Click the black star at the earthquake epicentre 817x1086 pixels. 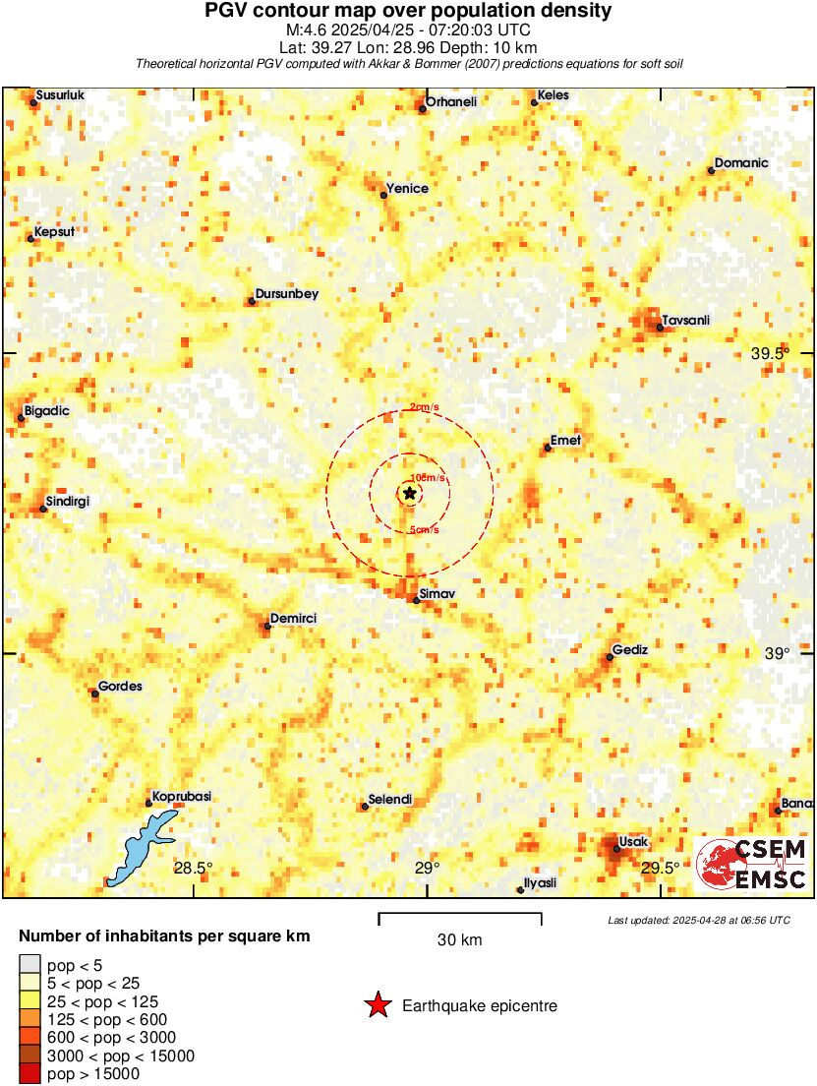[x=409, y=493]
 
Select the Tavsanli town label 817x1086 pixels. [x=686, y=321]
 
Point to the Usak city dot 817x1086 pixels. [x=616, y=848]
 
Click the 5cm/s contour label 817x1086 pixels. [x=423, y=531]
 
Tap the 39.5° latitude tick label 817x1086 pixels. [x=770, y=354]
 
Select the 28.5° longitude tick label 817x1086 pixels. [x=194, y=868]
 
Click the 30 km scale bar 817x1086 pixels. [x=459, y=914]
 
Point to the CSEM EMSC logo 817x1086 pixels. [x=752, y=864]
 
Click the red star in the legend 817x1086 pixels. [x=377, y=1005]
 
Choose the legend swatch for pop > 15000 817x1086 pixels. [x=30, y=1074]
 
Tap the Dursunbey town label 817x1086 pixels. [x=286, y=294]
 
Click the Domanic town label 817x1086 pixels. [x=741, y=163]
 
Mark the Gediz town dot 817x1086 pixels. [x=610, y=657]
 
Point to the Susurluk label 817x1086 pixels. [x=61, y=95]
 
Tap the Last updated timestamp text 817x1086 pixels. [x=698, y=921]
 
